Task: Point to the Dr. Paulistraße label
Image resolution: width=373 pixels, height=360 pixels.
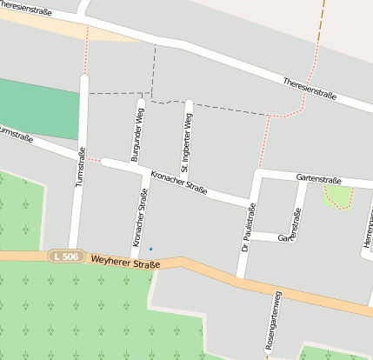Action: pyautogui.click(x=249, y=226)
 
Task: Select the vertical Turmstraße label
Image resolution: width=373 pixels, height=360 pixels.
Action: pyautogui.click(x=81, y=173)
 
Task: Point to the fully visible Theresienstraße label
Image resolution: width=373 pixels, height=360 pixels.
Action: pyautogui.click(x=310, y=88)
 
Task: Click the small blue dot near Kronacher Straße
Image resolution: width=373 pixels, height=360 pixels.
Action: pyautogui.click(x=150, y=250)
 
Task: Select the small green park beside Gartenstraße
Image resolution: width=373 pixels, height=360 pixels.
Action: pyautogui.click(x=337, y=196)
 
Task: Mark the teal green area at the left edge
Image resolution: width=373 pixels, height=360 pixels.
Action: pyautogui.click(x=35, y=109)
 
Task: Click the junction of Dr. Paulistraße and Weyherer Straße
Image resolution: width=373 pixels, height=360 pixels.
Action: pyautogui.click(x=240, y=278)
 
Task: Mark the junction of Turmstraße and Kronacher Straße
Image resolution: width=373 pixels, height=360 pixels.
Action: pyautogui.click(x=82, y=157)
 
